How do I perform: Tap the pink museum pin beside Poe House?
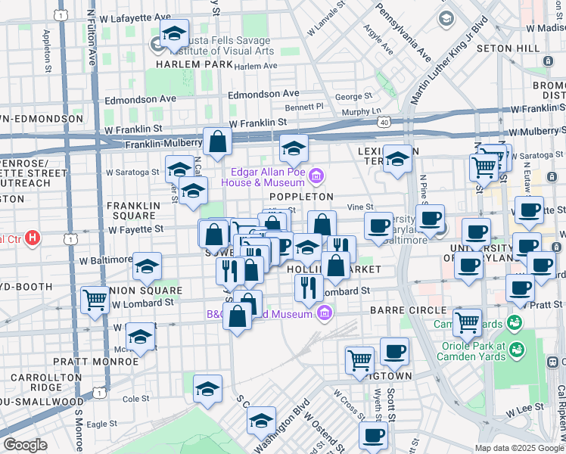tap(316, 177)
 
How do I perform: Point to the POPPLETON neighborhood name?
tap(301, 196)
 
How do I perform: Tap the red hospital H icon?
tap(32, 239)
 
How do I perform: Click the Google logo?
tap(25, 445)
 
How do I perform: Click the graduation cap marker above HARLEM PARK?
tap(174, 34)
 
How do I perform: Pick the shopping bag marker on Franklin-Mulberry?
tap(217, 142)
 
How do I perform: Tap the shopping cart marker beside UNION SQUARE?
tap(96, 300)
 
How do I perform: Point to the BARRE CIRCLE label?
tap(408, 310)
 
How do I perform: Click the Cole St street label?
tap(136, 398)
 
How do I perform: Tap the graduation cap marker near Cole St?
tap(207, 389)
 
